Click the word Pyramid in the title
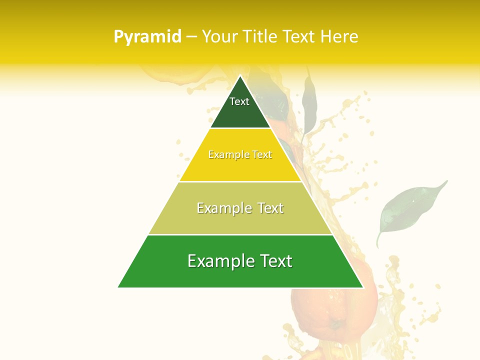coord(147,36)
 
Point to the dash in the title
coord(191,37)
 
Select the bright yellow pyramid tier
coord(240,167)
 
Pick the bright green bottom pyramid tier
coord(240,275)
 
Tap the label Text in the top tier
coord(239,101)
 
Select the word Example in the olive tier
coord(223,208)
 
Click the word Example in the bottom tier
coord(219,261)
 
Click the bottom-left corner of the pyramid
coord(119,287)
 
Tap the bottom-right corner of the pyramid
coord(362,287)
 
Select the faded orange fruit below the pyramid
coord(332,305)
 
